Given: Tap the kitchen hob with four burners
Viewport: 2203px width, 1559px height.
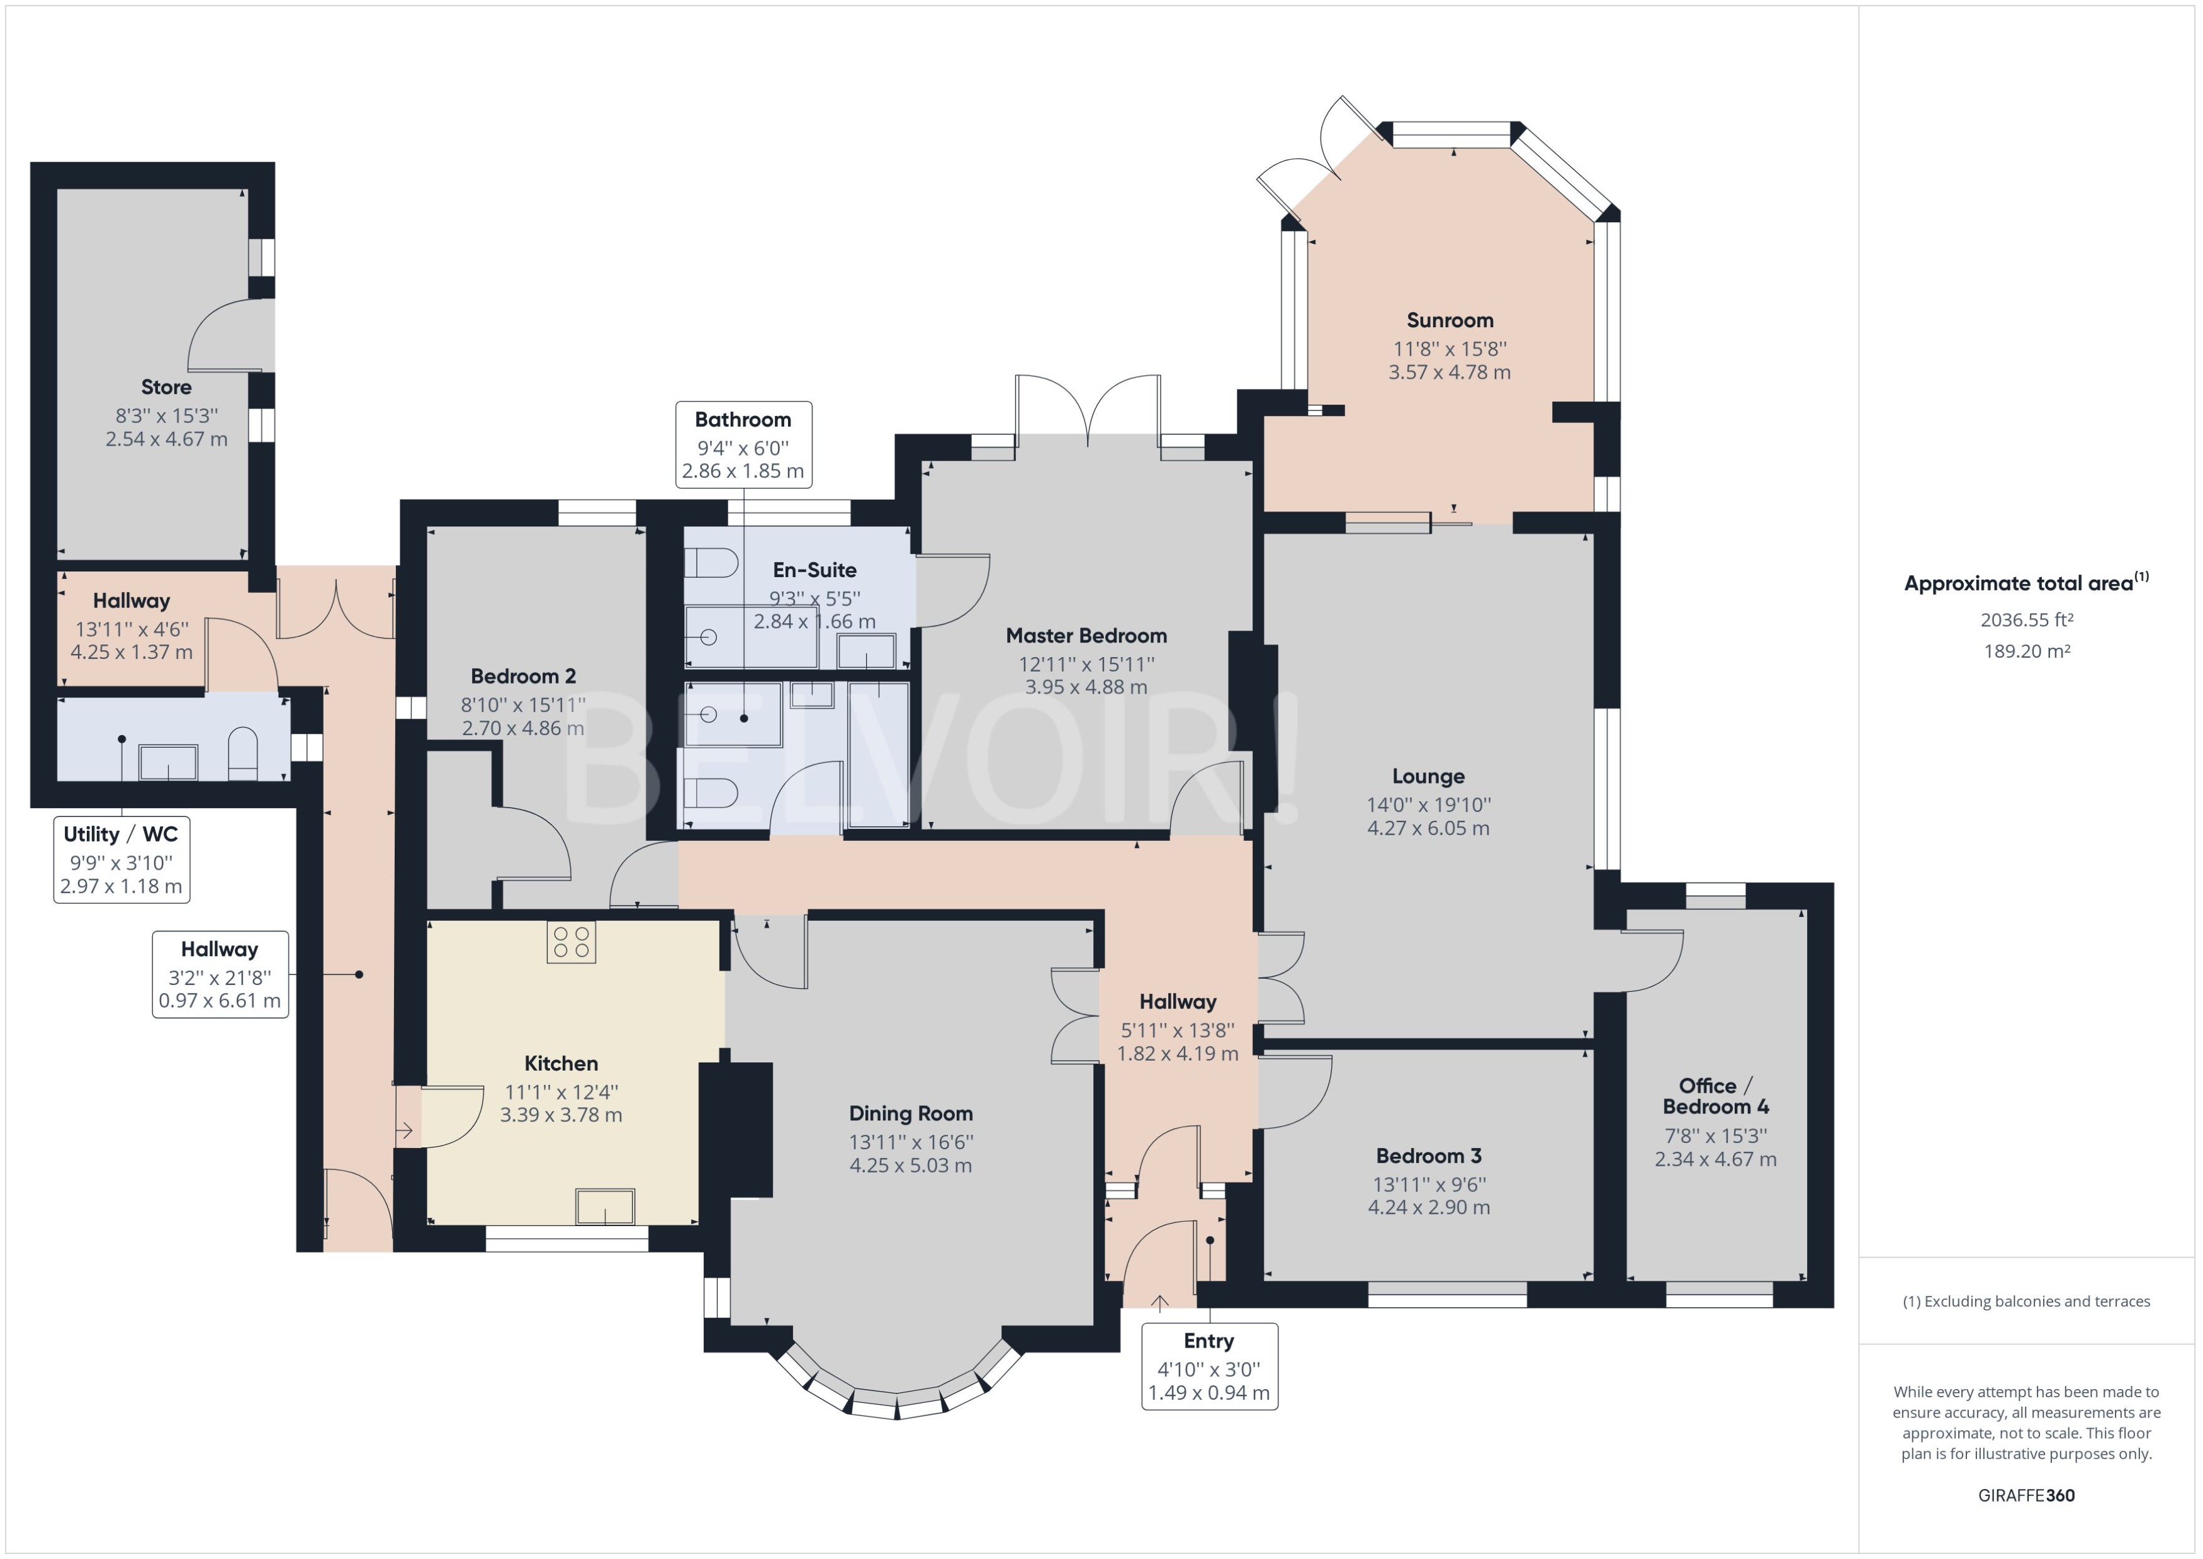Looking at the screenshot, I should click(570, 942).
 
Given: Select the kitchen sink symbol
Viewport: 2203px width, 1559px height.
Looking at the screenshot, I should click(605, 1207).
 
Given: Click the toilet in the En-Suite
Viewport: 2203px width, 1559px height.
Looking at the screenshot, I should click(711, 563).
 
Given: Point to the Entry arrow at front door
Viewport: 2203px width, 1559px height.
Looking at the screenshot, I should click(1159, 1303).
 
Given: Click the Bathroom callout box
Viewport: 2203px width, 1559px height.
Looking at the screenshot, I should click(743, 444).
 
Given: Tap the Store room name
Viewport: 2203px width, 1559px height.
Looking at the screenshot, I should click(166, 387).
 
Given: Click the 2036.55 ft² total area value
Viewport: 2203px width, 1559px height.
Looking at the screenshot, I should click(2026, 620).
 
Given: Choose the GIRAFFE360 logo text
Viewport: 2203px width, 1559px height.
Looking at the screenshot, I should click(2026, 1495).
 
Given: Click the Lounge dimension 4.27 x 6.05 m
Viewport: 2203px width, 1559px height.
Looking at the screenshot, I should click(1428, 828).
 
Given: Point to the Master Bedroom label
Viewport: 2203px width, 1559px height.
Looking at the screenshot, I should click(1086, 636).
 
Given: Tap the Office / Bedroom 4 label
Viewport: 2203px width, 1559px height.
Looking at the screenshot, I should click(1715, 1095).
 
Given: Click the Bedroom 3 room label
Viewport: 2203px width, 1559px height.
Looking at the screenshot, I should click(1428, 1156).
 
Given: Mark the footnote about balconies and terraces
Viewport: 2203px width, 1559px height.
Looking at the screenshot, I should click(2026, 1302).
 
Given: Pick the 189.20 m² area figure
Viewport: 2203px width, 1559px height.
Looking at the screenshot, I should click(2026, 651).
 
